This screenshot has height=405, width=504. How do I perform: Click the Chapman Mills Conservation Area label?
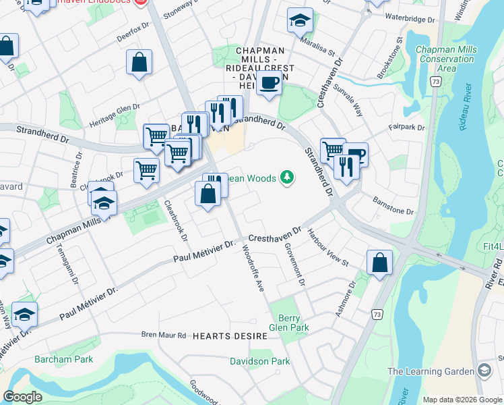click(446, 59)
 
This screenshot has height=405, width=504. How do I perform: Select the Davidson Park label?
click(260, 361)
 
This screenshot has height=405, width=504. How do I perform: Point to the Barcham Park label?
click(64, 359)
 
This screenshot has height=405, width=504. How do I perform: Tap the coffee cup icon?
click(269, 83)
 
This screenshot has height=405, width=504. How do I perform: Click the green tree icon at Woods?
click(288, 178)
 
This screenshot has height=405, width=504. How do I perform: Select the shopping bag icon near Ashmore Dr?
click(379, 262)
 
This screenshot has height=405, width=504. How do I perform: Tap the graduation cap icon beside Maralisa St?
click(301, 21)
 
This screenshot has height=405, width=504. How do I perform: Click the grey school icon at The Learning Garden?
click(484, 371)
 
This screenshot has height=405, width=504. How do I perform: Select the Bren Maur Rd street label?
click(163, 335)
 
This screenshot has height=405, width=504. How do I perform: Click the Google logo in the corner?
click(22, 397)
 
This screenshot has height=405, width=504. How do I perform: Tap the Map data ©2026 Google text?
click(462, 399)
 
